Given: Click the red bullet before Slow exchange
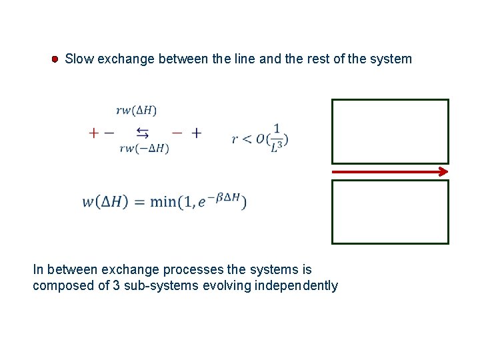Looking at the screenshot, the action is [x=56, y=59].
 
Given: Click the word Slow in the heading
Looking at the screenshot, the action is [x=79, y=59].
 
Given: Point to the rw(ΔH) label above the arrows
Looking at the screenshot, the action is [x=136, y=110].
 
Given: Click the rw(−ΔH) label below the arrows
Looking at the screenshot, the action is [x=143, y=149].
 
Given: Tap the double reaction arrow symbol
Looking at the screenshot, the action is [x=143, y=131].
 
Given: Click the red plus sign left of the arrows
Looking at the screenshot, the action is [x=93, y=133].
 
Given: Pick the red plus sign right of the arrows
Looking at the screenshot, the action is [x=196, y=133].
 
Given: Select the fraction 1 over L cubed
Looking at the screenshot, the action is [x=276, y=139].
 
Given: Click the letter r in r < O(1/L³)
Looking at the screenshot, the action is [x=235, y=139].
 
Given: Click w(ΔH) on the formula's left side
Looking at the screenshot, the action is [x=105, y=201].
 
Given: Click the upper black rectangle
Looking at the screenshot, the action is [x=390, y=131].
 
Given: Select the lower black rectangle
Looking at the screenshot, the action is [x=390, y=212].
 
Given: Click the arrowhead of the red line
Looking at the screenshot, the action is [x=443, y=172].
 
